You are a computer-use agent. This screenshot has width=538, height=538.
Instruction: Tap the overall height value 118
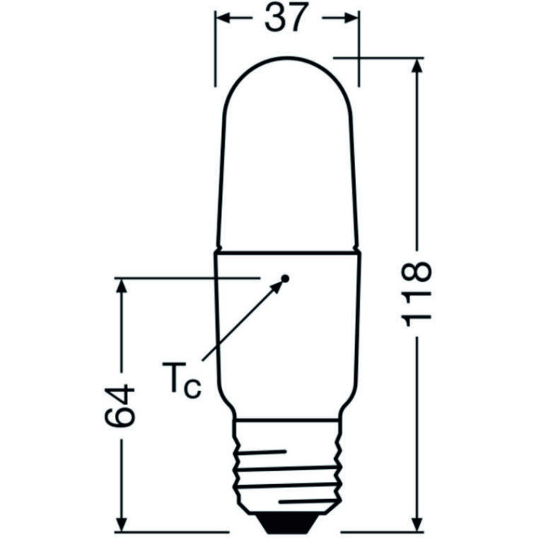coord(416,293)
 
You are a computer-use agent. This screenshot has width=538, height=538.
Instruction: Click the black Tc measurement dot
coord(285,279)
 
